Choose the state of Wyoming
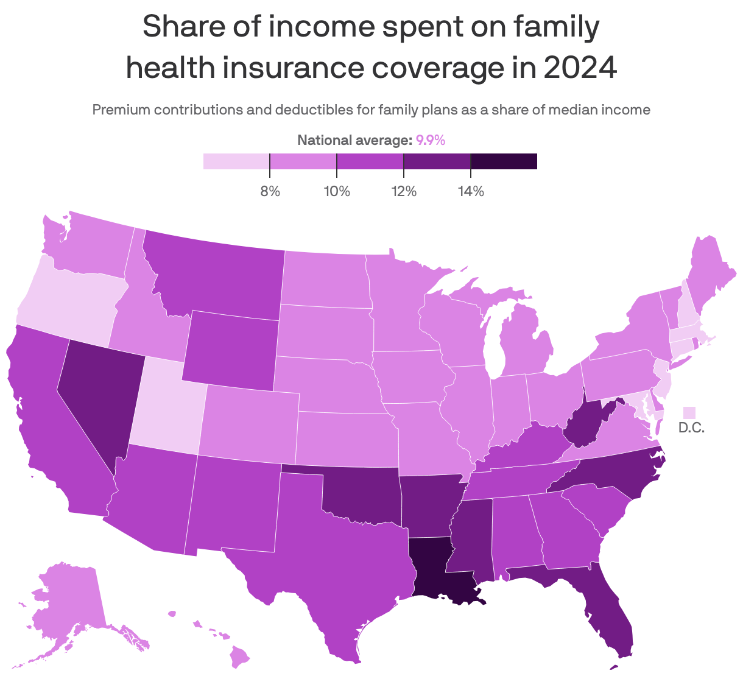click(231, 350)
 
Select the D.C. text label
click(691, 428)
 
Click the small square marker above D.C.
click(689, 412)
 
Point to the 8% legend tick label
click(270, 192)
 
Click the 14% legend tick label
click(471, 192)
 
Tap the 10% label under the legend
click(337, 192)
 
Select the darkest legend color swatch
click(504, 161)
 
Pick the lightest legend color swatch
click(236, 161)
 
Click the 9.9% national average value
click(431, 141)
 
